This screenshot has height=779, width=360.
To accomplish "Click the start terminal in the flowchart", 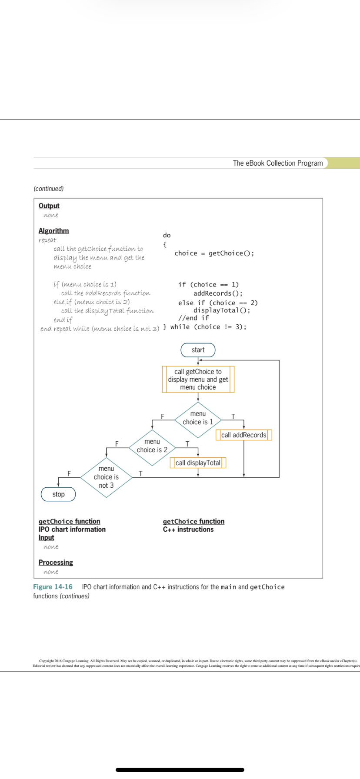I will point(198,350).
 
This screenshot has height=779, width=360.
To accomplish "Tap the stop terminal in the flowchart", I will point(58,494).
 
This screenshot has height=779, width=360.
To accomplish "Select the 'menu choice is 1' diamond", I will point(198,418).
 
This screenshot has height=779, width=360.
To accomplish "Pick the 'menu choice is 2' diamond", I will point(152,446).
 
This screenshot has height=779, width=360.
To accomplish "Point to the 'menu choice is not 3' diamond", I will point(106,477).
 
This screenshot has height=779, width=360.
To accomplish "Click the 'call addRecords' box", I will point(243,435).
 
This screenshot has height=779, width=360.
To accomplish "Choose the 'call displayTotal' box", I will point(198,463).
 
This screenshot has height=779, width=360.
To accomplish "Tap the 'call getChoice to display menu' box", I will point(198,380).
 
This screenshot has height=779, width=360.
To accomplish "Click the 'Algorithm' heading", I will point(53,231).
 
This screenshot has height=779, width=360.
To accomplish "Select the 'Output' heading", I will point(49,206).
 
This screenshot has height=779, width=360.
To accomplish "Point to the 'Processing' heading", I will point(56,563).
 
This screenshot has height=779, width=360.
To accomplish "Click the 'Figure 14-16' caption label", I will point(53,587).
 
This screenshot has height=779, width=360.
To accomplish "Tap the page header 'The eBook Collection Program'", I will point(278,163).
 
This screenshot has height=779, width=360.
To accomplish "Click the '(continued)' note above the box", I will point(48,189).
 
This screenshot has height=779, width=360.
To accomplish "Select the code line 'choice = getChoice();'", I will point(214,253).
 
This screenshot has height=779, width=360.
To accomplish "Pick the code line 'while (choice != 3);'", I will point(208,327).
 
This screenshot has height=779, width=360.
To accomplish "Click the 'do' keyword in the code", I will point(167,235).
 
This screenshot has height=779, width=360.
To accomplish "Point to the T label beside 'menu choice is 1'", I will point(233,416).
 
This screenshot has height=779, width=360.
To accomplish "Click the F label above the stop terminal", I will point(69,473).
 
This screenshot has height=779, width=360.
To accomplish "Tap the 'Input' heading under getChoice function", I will point(46,538).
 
